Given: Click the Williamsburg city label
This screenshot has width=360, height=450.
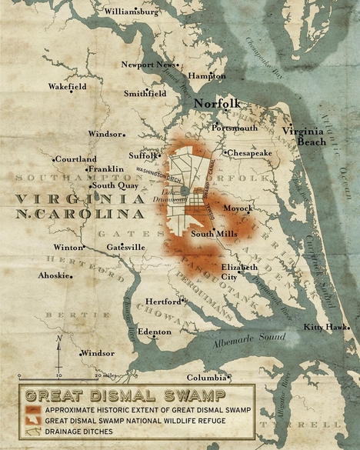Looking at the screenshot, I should (x=132, y=12).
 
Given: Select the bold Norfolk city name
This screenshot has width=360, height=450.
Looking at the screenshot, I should (x=217, y=103).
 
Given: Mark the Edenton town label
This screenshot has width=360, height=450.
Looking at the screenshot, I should (x=155, y=332).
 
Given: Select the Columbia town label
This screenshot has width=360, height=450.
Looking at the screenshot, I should (x=206, y=378).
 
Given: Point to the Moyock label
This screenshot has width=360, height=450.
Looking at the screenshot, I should (x=238, y=208).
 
